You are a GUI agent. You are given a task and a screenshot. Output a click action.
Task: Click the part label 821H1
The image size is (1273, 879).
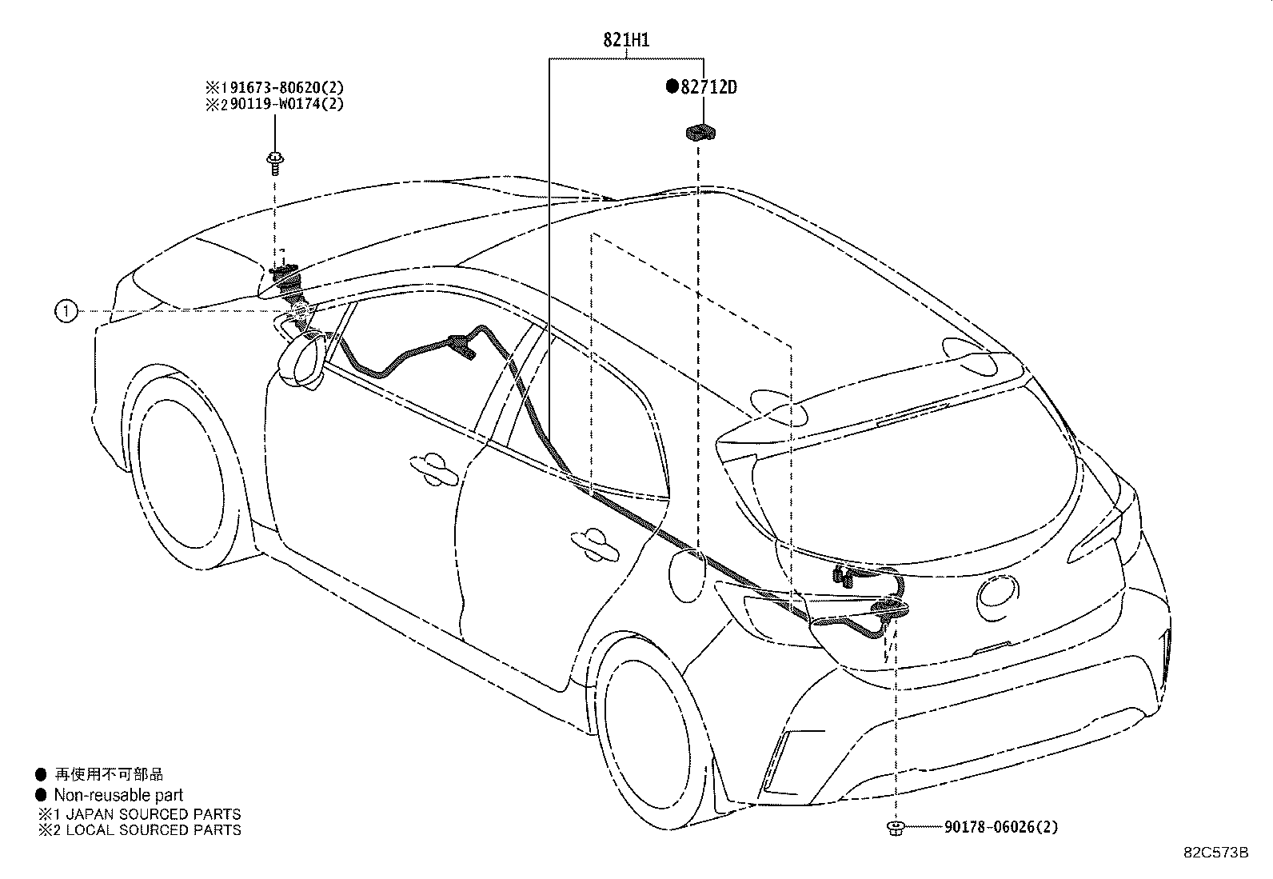click(626, 40)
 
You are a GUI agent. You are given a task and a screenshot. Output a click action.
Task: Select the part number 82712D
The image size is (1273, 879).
click(708, 87)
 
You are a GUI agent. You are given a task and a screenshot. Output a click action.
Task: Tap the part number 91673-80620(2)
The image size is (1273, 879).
click(282, 87)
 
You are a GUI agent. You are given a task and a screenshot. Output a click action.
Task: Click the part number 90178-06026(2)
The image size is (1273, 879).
click(1001, 827)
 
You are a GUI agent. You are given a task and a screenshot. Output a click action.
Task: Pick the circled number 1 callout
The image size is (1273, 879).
click(66, 311)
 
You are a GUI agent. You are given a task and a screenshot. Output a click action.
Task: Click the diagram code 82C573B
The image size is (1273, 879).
click(1216, 853)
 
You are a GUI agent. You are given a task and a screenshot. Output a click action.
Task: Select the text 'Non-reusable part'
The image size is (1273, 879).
click(118, 795)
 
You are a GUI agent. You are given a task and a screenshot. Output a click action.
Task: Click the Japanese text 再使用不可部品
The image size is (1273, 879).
click(109, 773)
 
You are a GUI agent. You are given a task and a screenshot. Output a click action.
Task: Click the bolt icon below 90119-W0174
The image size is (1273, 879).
click(275, 163)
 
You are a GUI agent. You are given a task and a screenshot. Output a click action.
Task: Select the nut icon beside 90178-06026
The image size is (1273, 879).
click(896, 828)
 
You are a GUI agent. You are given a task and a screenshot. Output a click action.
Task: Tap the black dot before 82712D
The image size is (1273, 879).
click(672, 86)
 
